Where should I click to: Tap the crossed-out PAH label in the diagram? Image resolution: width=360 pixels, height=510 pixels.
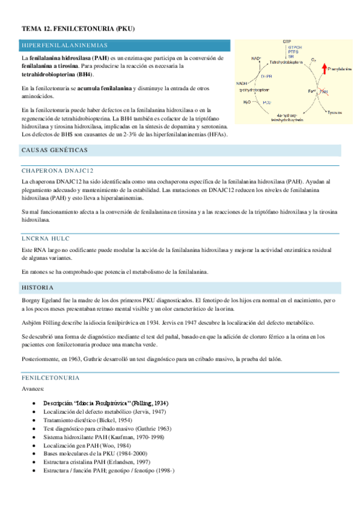pyautogui.click(x=323, y=91)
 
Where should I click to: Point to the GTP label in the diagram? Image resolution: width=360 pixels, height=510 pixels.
pyautogui.click(x=287, y=41)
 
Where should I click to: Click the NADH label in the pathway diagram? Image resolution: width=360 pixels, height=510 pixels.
pyautogui.click(x=242, y=84)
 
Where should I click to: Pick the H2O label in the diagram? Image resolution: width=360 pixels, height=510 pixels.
pyautogui.click(x=247, y=103)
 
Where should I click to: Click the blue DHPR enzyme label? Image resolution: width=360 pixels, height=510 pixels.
pyautogui.click(x=266, y=77)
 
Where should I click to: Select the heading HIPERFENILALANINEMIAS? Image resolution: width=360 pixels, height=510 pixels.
pyautogui.click(x=64, y=46)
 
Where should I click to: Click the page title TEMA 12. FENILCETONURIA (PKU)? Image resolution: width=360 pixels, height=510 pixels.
pyautogui.click(x=78, y=28)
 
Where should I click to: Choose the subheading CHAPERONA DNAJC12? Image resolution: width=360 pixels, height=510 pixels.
pyautogui.click(x=58, y=171)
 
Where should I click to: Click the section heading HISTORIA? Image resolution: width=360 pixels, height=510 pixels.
pyautogui.click(x=37, y=288)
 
